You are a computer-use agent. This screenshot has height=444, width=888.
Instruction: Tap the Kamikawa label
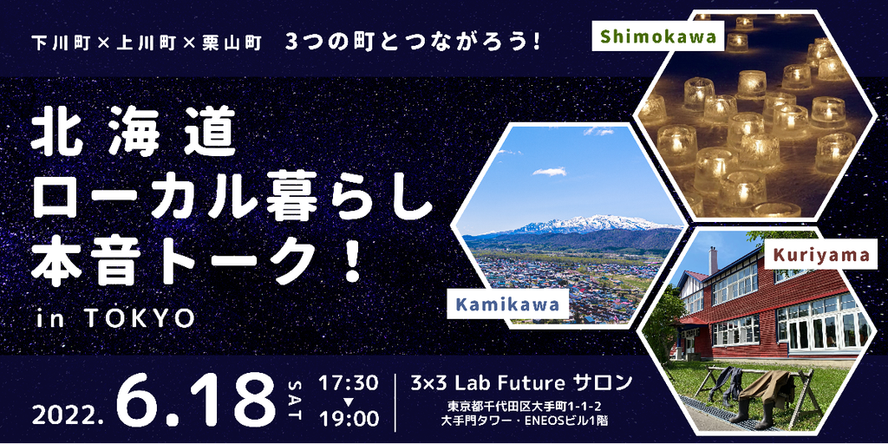click(x=506, y=305)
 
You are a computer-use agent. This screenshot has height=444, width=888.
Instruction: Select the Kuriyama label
click(x=817, y=256)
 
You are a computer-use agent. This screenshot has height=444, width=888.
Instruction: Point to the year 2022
click(x=67, y=417)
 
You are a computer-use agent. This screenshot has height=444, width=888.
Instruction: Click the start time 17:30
click(x=349, y=383)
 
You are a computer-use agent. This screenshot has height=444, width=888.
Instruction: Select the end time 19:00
click(x=349, y=420)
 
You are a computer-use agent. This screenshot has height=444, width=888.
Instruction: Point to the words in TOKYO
click(x=115, y=320)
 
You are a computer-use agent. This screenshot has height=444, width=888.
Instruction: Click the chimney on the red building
click(x=713, y=259)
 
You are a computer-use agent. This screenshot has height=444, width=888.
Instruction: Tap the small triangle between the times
click(x=349, y=402)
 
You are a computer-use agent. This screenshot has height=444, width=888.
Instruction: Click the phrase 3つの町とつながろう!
click(x=411, y=43)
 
